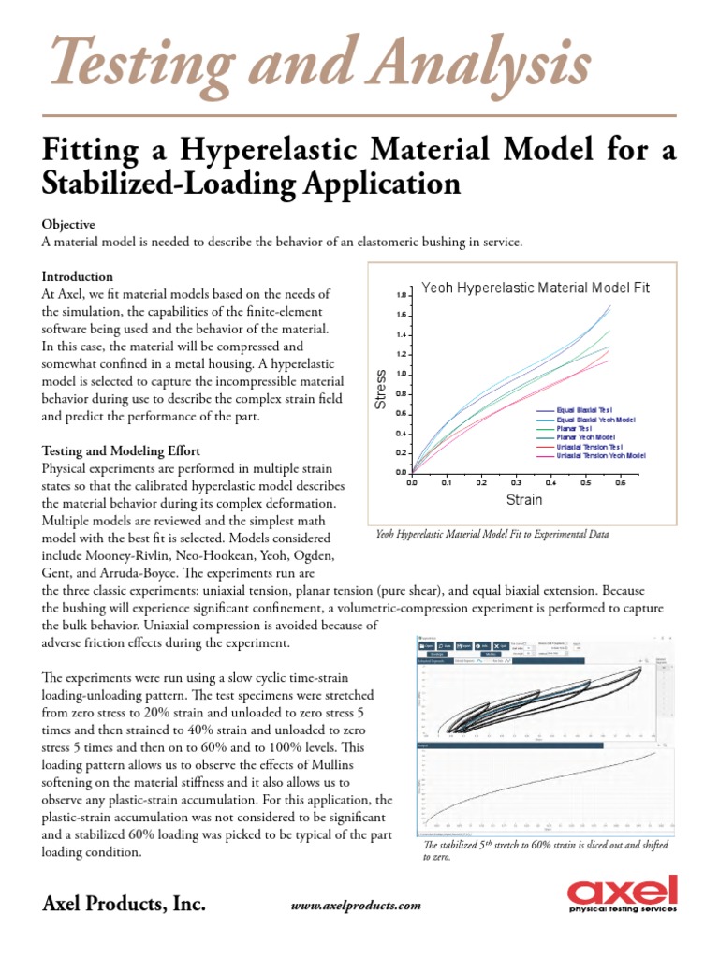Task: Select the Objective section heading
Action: click(x=68, y=225)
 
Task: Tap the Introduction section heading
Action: click(x=78, y=277)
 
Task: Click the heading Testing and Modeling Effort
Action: click(x=121, y=450)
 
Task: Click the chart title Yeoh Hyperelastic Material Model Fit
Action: click(x=536, y=288)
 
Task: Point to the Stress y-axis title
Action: click(x=381, y=390)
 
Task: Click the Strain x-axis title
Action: click(x=524, y=500)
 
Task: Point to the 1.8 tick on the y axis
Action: click(x=402, y=295)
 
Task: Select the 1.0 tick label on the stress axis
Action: click(x=402, y=375)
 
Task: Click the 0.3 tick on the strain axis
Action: click(x=515, y=483)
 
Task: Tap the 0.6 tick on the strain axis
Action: click(x=618, y=483)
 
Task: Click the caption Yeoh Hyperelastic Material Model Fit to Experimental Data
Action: click(x=492, y=534)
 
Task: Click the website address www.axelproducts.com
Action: click(x=357, y=906)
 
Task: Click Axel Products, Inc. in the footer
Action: click(x=124, y=905)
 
